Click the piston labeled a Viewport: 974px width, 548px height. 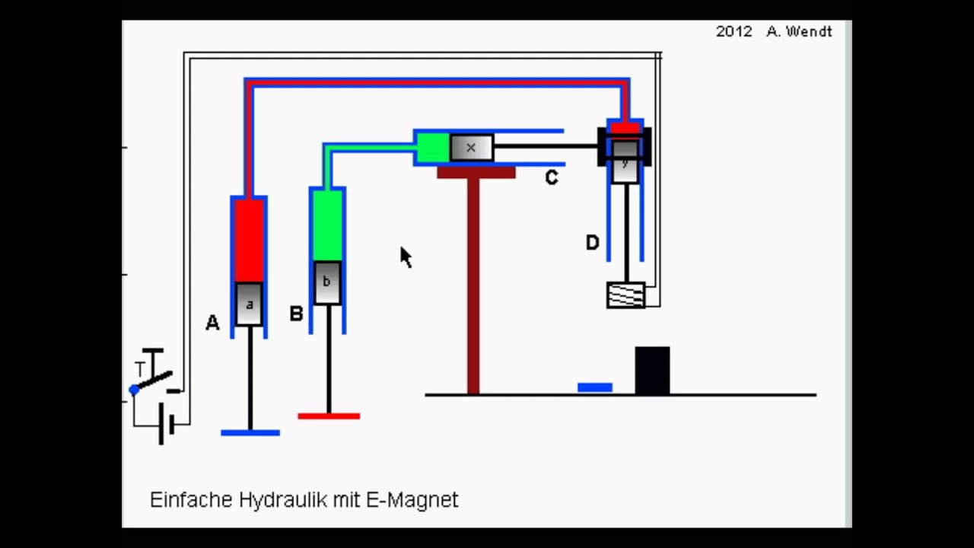tap(249, 304)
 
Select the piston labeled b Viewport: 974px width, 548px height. tap(327, 282)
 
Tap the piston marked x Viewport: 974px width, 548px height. tap(471, 148)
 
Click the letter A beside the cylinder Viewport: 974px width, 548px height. tap(212, 323)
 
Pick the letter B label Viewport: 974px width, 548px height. tap(296, 314)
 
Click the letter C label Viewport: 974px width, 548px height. tap(552, 178)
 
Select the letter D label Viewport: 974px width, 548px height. tap(592, 243)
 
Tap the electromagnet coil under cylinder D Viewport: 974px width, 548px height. tap(625, 295)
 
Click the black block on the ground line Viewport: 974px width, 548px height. tap(652, 371)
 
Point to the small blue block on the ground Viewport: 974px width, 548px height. tap(595, 387)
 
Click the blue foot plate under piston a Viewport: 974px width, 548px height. tap(250, 433)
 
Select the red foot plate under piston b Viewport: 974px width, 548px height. tap(329, 416)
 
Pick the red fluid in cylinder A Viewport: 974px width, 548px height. tap(249, 240)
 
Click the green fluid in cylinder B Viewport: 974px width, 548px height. tap(327, 225)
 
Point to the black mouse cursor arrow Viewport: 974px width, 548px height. tap(405, 256)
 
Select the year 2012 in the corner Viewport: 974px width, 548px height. tap(734, 32)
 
